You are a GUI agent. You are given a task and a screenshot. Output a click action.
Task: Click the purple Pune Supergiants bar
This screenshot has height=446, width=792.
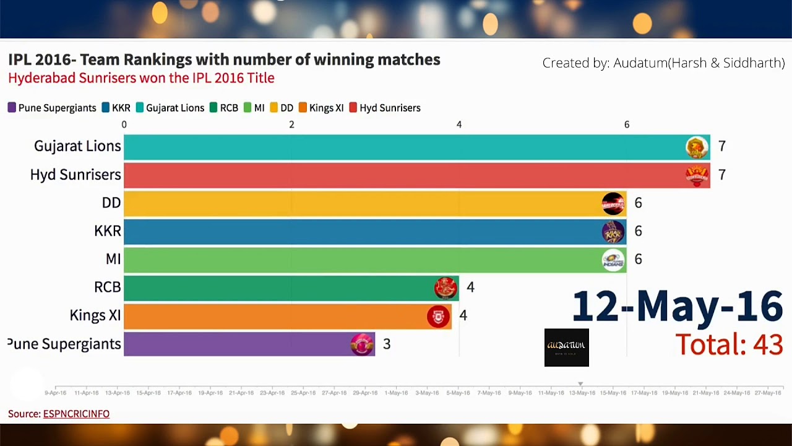(247, 344)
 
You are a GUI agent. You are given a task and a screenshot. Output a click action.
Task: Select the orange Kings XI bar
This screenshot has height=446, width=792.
(278, 315)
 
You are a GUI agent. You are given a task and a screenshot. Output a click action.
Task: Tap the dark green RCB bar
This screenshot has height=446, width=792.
(278, 287)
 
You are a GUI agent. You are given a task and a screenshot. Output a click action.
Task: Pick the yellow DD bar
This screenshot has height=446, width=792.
(359, 203)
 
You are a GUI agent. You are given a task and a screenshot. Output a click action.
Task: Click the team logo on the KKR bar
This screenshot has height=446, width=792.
(613, 232)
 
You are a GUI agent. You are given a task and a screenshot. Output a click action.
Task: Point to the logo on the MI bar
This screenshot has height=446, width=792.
(613, 260)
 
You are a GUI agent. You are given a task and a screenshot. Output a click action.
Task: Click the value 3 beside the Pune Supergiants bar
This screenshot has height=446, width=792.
(387, 344)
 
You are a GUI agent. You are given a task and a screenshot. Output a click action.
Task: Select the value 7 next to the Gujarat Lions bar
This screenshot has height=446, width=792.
(721, 146)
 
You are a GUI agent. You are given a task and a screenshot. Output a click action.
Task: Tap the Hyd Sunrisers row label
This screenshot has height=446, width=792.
(75, 175)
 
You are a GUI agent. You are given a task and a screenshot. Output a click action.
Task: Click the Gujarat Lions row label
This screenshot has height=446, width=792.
(77, 146)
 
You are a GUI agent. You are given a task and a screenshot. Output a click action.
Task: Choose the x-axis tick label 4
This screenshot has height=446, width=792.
(459, 125)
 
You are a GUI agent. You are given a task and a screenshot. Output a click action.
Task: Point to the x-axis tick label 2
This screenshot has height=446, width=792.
(291, 125)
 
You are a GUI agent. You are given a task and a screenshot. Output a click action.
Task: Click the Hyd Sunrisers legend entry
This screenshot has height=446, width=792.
(385, 108)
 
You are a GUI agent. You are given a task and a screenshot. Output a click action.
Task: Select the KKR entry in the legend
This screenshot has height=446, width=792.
(116, 108)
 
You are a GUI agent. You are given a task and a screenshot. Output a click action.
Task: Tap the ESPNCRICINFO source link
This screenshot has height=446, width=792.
(76, 414)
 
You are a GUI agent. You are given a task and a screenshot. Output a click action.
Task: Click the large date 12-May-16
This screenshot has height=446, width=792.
(677, 306)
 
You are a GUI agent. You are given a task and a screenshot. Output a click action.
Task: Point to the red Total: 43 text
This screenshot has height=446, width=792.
(729, 344)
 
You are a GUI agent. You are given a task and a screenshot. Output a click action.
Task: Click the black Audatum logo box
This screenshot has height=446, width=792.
(566, 348)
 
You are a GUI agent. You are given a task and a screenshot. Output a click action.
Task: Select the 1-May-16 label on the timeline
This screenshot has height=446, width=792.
(396, 393)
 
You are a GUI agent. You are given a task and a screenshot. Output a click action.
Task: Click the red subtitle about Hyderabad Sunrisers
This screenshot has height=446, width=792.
(141, 78)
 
